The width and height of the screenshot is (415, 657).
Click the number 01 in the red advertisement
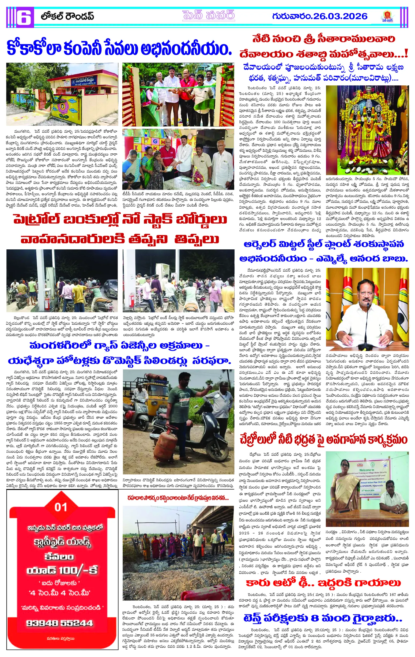coord(61,508)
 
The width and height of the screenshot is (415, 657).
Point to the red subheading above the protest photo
coord(178,498)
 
